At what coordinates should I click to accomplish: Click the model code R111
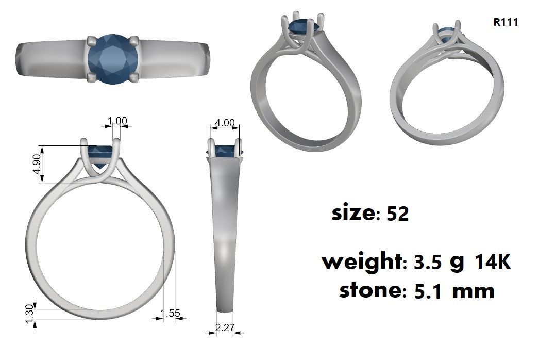505,22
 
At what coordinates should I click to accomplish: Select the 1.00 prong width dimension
117,121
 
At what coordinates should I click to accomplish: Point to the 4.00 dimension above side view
224,123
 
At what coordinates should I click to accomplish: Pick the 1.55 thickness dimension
170,313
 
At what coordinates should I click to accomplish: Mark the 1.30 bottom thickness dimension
29,312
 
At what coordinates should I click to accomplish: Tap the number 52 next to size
397,214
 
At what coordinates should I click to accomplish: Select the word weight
361,261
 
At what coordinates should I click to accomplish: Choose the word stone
370,290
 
